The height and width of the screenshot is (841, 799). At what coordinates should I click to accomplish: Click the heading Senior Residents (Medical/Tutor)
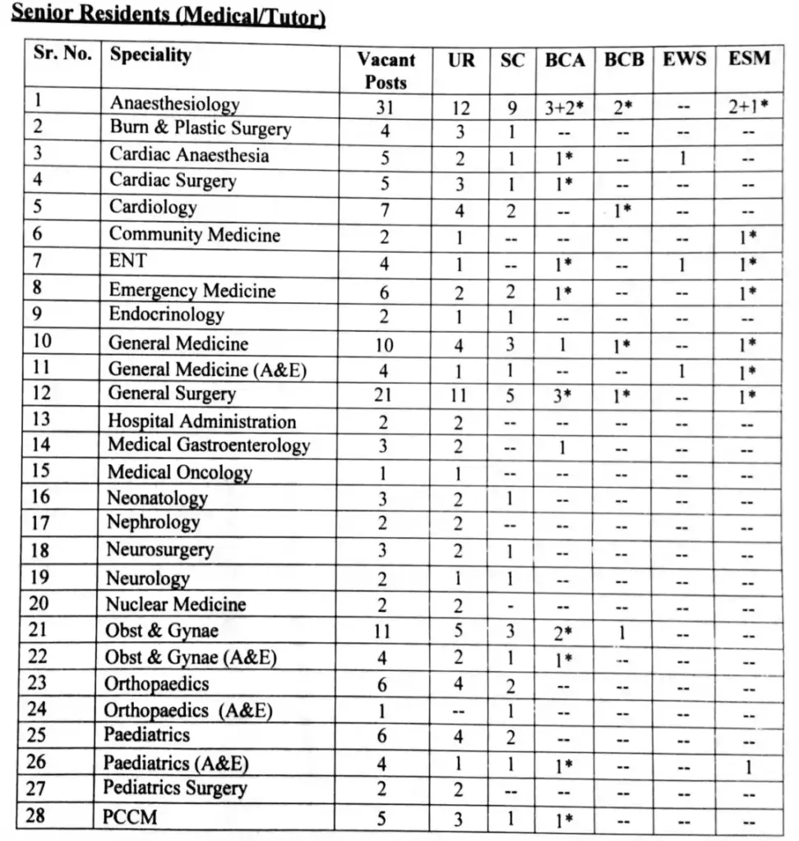pyautogui.click(x=168, y=16)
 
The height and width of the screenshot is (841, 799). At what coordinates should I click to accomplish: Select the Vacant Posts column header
pyautogui.click(x=386, y=71)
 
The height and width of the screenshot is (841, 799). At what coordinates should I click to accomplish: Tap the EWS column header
pyautogui.click(x=684, y=60)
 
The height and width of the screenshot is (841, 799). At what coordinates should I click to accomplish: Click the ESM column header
pyautogui.click(x=749, y=59)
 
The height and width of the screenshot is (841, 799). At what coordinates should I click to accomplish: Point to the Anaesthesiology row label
pyautogui.click(x=174, y=104)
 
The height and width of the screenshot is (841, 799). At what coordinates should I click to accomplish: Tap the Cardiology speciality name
pyautogui.click(x=153, y=207)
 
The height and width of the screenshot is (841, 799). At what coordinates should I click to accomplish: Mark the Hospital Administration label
pyautogui.click(x=201, y=421)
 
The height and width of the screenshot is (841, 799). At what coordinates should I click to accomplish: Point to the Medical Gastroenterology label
pyautogui.click(x=209, y=446)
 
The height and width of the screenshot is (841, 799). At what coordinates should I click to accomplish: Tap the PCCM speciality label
pyautogui.click(x=130, y=817)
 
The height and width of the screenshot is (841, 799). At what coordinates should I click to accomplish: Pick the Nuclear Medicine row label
pyautogui.click(x=175, y=604)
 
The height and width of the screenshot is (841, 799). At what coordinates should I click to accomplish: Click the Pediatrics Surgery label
pyautogui.click(x=174, y=788)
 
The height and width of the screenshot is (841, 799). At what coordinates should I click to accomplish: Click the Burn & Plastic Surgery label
pyautogui.click(x=201, y=129)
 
